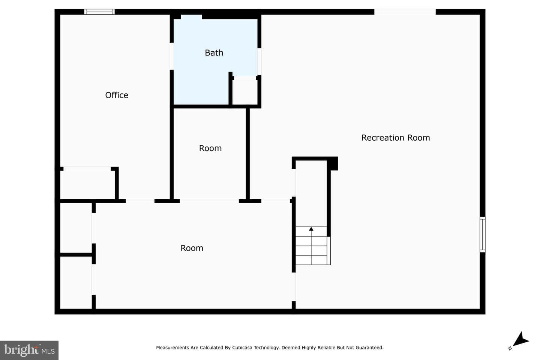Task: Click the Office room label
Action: click(117, 95)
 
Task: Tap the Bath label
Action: click(214, 53)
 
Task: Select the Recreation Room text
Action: click(396, 138)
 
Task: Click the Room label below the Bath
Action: click(210, 148)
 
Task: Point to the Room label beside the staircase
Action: click(192, 248)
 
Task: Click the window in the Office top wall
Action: click(99, 12)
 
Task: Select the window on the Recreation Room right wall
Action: click(482, 235)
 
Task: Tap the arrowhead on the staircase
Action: click(311, 229)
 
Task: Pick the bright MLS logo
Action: click(29, 350)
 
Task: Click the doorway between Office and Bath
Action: click(172, 56)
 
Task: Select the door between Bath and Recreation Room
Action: click(259, 62)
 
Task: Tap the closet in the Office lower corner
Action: click(87, 185)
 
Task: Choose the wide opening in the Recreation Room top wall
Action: click(405, 12)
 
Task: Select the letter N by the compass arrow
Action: click(510, 348)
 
